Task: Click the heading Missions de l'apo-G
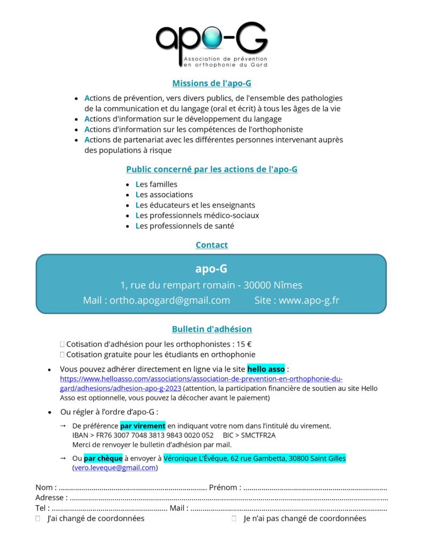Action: pyautogui.click(x=212, y=83)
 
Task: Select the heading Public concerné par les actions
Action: pyautogui.click(x=212, y=169)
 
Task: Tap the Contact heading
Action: pyautogui.click(x=212, y=245)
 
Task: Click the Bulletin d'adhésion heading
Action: pyautogui.click(x=212, y=329)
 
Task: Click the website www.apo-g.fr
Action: pyautogui.click(x=309, y=300)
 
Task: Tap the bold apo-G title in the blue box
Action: pyautogui.click(x=211, y=269)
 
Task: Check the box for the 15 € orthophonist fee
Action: pyautogui.click(x=62, y=344)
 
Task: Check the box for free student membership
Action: pyautogui.click(x=62, y=354)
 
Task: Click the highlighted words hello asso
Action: pyautogui.click(x=266, y=369)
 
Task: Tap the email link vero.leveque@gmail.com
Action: pyautogui.click(x=114, y=468)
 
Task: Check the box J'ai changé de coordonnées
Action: pyautogui.click(x=38, y=518)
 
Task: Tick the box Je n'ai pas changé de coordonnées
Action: pyautogui.click(x=234, y=518)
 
